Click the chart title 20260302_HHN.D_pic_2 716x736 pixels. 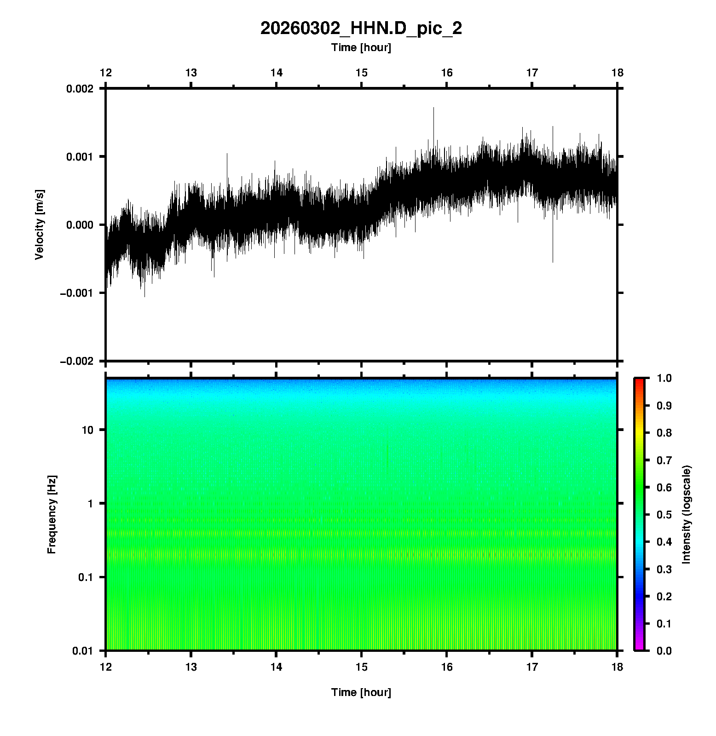361,29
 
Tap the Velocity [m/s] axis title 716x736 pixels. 40,224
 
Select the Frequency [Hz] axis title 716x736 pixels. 52,515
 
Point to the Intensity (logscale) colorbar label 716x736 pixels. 687,515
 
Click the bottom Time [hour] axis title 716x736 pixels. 361,692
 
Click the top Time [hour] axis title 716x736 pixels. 361,47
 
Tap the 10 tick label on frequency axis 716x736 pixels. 87,430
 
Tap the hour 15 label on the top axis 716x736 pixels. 362,73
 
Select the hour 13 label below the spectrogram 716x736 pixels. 191,667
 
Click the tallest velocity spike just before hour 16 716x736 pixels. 433,109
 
